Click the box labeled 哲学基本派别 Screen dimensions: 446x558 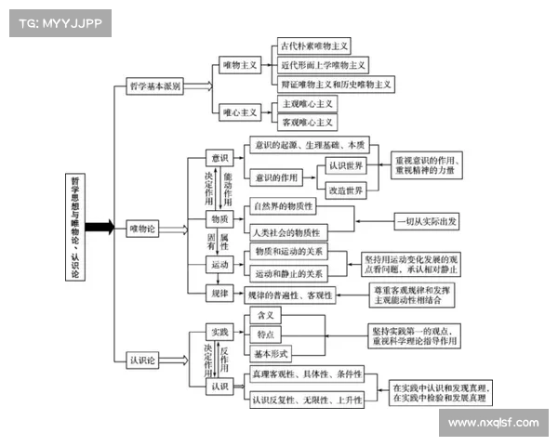pyautogui.click(x=155, y=86)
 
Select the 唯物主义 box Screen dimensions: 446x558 pyautogui.click(x=239, y=66)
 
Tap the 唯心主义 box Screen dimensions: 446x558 pyautogui.click(x=239, y=112)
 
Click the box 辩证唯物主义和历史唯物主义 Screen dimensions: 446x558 pyautogui.click(x=336, y=85)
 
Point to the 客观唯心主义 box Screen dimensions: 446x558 pyautogui.click(x=308, y=122)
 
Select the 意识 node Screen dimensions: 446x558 pyautogui.click(x=219, y=158)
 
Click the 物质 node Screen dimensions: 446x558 pyautogui.click(x=219, y=218)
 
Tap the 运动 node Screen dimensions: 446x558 pyautogui.click(x=219, y=266)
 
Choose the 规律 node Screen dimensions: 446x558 pyautogui.click(x=219, y=294)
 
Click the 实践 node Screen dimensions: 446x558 pyautogui.click(x=219, y=331)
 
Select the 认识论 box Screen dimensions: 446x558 pyautogui.click(x=145, y=359)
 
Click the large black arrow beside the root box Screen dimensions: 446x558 pyautogui.click(x=100, y=227)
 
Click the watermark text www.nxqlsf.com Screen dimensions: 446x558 pyautogui.click(x=493, y=424)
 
